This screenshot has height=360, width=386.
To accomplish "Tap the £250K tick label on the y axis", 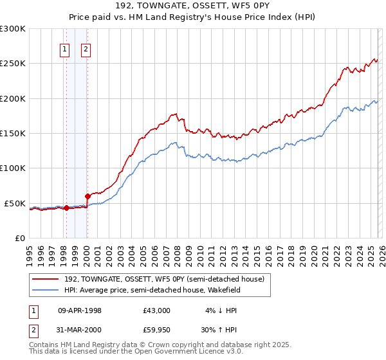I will tap(13, 64).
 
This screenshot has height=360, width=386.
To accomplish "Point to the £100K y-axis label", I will tap(13, 168).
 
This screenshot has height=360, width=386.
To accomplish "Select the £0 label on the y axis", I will tap(20, 238).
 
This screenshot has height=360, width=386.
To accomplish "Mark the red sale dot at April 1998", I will tap(66, 208).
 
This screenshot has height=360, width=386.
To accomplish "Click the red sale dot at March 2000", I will tap(87, 195).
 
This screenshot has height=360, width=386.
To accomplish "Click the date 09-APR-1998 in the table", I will tap(80, 310).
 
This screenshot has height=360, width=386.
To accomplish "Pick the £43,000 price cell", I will tap(157, 310).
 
